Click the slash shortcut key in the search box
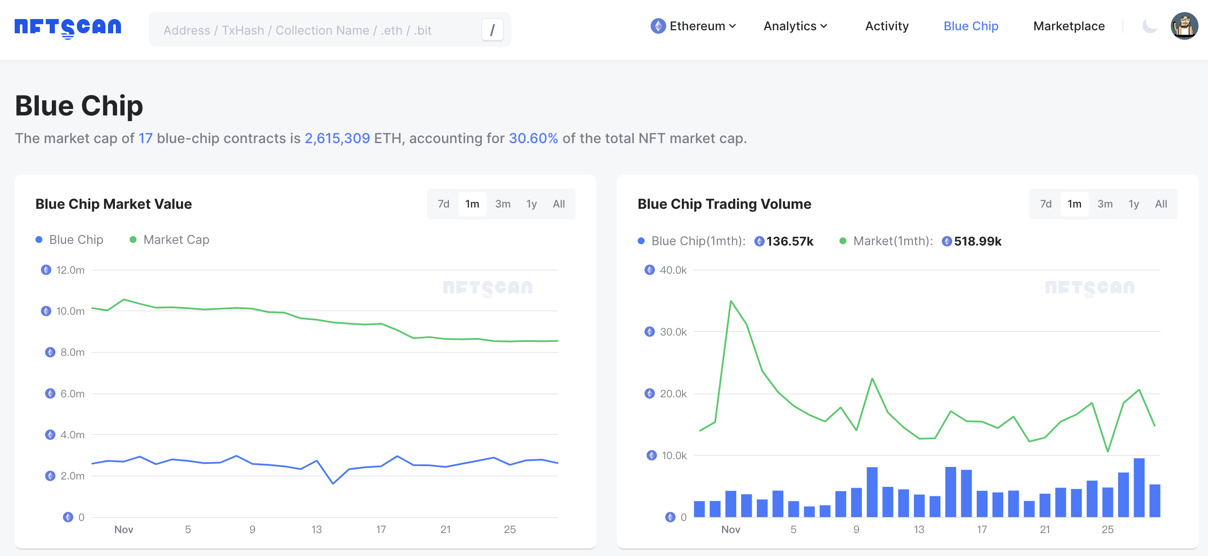pos(492,30)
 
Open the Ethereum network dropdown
pos(693,26)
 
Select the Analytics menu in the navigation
pos(795,26)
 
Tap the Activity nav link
pos(886,26)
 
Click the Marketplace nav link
pos(1068,26)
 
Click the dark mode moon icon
pos(1149,26)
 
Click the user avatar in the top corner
pos(1184,26)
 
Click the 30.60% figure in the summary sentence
pos(533,138)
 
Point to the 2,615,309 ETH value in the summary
pos(337,138)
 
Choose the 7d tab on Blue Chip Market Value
pos(443,204)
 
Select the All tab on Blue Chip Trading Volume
pos(1160,204)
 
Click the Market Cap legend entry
pos(176,240)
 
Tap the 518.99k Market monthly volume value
pos(977,241)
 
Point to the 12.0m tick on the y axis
pos(70,270)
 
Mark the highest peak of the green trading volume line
pos(731,301)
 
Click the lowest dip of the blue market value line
pos(333,483)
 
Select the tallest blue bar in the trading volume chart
pos(1138,488)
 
